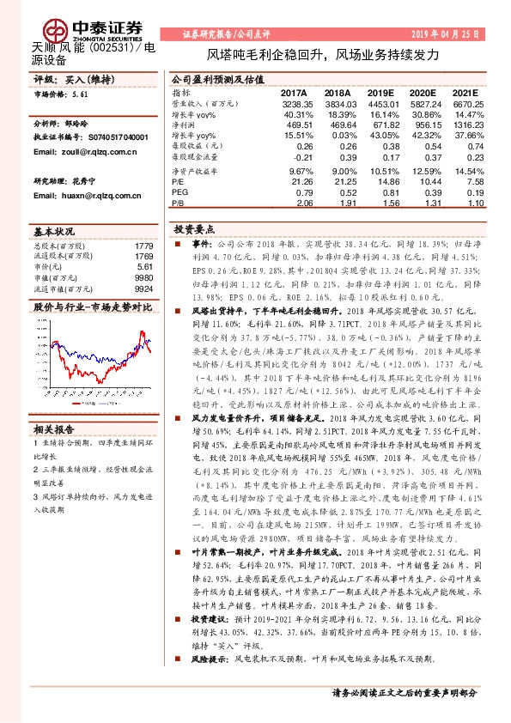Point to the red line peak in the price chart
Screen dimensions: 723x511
tap(141, 332)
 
